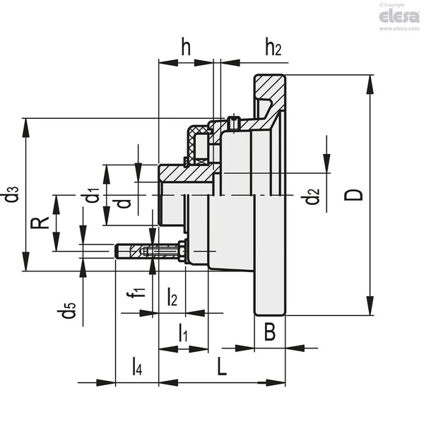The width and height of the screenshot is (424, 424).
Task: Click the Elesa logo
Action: pos(399,17)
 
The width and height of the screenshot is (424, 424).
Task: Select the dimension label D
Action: pos(353,195)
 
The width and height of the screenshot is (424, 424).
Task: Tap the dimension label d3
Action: pos(11,194)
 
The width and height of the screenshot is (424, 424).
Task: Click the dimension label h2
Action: pos(273,47)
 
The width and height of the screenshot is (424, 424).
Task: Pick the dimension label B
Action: pos(270,331)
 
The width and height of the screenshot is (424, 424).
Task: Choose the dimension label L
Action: pos(222,366)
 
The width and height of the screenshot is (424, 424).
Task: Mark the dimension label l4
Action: pos(137,366)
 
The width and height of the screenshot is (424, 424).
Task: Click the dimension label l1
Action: pos(183,332)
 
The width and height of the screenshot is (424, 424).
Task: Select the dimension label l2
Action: pos(172,297)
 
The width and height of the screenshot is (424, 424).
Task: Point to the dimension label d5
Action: pos(66,310)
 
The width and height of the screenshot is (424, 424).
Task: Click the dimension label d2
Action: pos(310,196)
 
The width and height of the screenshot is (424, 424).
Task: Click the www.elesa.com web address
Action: pos(399,28)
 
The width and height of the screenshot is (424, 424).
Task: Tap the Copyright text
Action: pos(391,5)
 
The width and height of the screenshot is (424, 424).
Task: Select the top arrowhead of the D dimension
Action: pos(370,84)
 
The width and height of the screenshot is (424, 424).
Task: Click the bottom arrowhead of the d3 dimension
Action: pos(26,261)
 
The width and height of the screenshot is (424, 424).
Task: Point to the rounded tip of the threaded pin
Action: pos(117,251)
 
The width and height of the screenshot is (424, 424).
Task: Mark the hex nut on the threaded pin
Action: pos(182,251)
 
